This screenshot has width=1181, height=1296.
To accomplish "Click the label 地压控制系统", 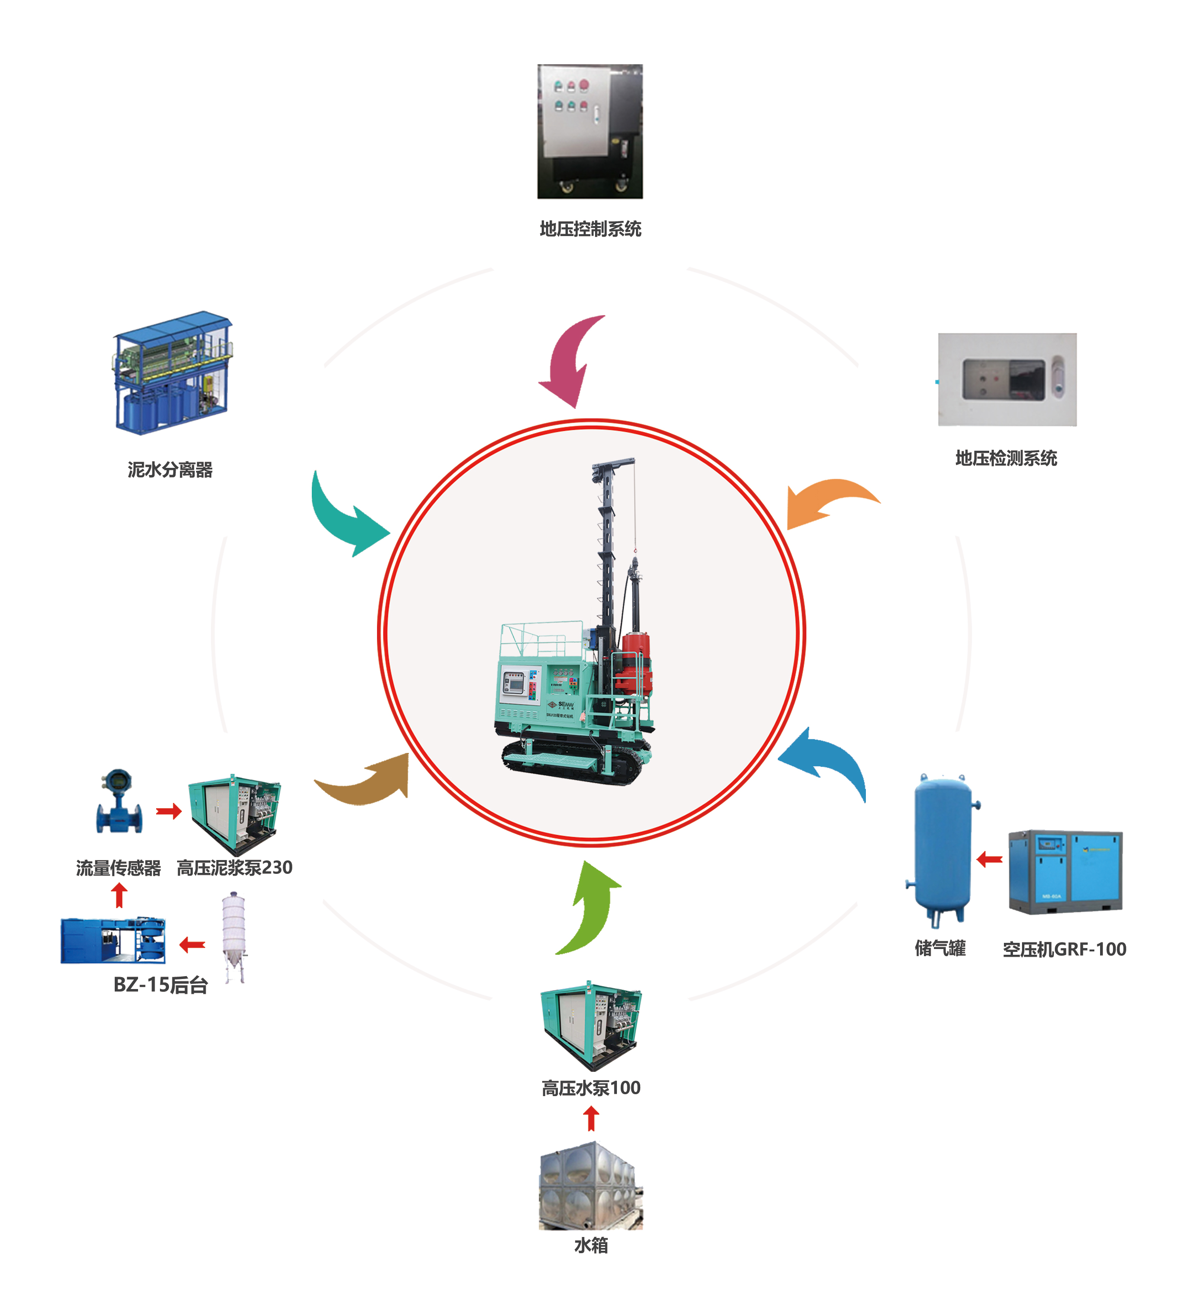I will click(x=590, y=229).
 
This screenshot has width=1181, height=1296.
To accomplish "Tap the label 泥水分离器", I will click(x=170, y=470).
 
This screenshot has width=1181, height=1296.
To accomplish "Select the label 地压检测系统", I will click(x=1006, y=458).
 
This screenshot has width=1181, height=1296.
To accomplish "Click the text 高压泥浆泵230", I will click(x=235, y=868).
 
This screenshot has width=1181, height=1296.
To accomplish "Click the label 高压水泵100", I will click(x=591, y=1088).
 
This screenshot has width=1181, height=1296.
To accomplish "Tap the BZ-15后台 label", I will click(x=161, y=985).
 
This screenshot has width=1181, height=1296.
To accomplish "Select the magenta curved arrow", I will click(x=569, y=364).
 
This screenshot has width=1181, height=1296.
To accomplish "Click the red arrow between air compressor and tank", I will click(x=990, y=859).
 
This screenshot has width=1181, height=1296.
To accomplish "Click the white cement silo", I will click(x=234, y=935).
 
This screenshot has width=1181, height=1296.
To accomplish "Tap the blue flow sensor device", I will click(x=119, y=803).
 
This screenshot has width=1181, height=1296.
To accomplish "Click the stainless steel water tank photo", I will click(x=590, y=1187).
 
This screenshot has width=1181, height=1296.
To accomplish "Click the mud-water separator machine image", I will click(x=172, y=373).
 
